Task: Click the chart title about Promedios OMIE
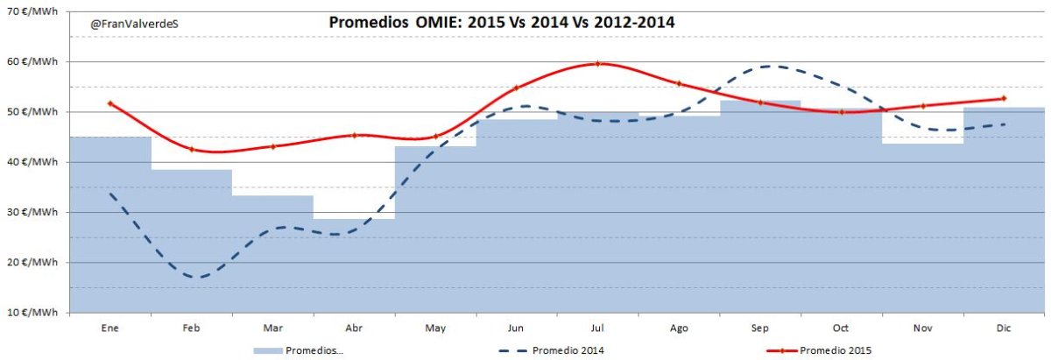[x=501, y=23]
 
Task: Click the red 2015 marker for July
[x=597, y=63]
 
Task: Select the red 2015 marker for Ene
[x=109, y=103]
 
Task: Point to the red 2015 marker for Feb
[x=191, y=150]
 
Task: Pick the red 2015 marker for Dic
[x=1003, y=98]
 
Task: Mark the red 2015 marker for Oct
[x=841, y=112]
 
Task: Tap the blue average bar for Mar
[x=272, y=254]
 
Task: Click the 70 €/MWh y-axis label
[x=33, y=11]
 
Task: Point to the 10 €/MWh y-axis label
[x=33, y=312]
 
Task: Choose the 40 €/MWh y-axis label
[x=33, y=162]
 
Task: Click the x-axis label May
[x=435, y=328]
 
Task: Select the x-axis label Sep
[x=759, y=328]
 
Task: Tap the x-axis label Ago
[x=679, y=328]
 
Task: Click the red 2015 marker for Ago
[x=679, y=83]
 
